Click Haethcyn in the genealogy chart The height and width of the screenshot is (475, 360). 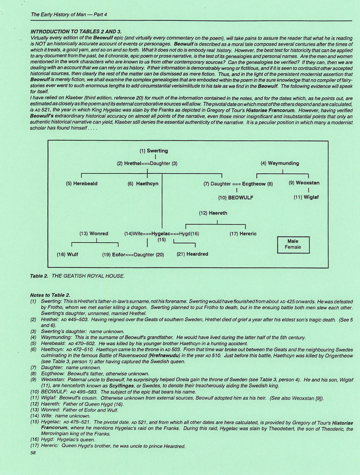click(146, 184)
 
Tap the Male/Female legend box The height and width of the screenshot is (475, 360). click(293, 244)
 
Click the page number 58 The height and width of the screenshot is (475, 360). click(33, 453)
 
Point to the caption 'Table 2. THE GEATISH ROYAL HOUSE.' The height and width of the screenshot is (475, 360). click(78, 276)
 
